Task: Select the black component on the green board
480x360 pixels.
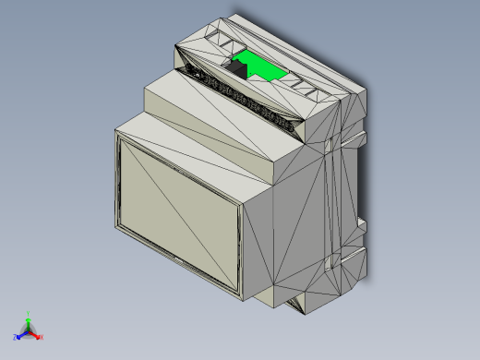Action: [x=238, y=66]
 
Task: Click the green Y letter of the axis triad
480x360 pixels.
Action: [x=29, y=313]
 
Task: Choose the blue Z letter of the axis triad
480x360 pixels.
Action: [x=14, y=336]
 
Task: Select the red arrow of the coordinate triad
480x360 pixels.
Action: [x=36, y=334]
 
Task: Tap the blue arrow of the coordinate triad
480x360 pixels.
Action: [x=20, y=333]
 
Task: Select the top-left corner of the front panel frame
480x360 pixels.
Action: [x=117, y=132]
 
